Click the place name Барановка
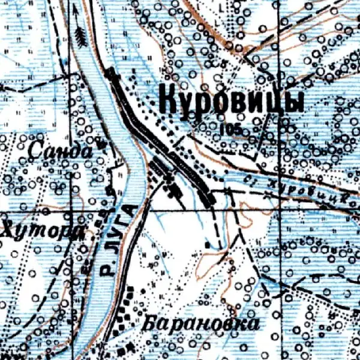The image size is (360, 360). tap(202, 325)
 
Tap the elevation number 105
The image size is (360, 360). tap(230, 129)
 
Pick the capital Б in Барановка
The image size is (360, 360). tap(150, 325)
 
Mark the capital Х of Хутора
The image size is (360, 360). tap(8, 232)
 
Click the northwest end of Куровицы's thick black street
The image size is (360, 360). tap(110, 71)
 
